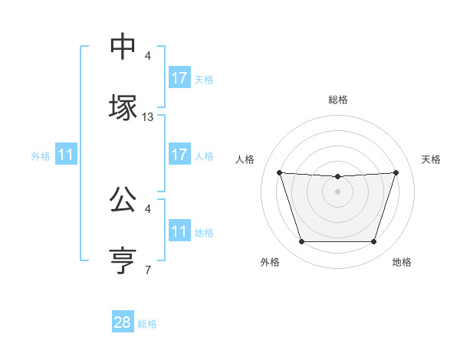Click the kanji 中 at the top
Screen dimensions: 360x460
pyautogui.click(x=123, y=47)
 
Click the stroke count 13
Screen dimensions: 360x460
pyautogui.click(x=148, y=117)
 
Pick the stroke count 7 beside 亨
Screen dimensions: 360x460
pyautogui.click(x=148, y=270)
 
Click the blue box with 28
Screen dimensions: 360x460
pyautogui.click(x=123, y=322)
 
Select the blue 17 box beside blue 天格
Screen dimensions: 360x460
pyautogui.click(x=179, y=78)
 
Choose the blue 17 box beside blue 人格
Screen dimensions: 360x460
pyautogui.click(x=179, y=155)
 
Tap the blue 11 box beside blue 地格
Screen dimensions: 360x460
pyautogui.click(x=179, y=231)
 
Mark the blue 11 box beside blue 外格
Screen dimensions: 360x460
pyautogui.click(x=66, y=155)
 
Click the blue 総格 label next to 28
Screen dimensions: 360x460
pyautogui.click(x=147, y=324)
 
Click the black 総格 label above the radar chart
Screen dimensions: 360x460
pyautogui.click(x=337, y=100)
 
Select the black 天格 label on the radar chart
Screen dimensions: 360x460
pyautogui.click(x=432, y=159)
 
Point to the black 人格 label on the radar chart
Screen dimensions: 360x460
pyautogui.click(x=245, y=159)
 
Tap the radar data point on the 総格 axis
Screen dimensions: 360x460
pyautogui.click(x=337, y=177)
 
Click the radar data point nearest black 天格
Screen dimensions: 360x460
pyautogui.click(x=396, y=172)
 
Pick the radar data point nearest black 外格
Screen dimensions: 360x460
pyautogui.click(x=301, y=241)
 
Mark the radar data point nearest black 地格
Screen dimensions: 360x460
pyautogui.click(x=373, y=241)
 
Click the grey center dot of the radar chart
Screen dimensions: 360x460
pyautogui.click(x=337, y=191)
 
